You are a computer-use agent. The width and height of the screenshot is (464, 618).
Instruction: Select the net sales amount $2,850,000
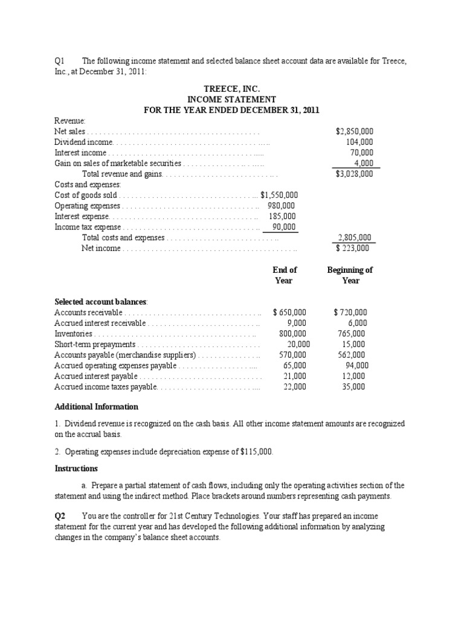tap(354, 131)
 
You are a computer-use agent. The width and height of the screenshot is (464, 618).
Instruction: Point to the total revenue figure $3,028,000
tap(354, 174)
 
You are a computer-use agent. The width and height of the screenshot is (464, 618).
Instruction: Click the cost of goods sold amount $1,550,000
tap(279, 196)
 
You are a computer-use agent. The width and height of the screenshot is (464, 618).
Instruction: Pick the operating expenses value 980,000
tap(282, 206)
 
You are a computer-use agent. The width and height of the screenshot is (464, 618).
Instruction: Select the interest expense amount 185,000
tap(282, 217)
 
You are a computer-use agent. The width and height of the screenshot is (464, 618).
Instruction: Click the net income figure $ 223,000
tap(353, 248)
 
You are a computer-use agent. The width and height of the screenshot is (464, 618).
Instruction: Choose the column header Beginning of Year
tap(350, 275)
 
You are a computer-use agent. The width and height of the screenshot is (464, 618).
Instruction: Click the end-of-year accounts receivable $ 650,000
tap(289, 313)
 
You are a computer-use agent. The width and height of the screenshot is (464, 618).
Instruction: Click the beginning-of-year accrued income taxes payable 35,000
tap(354, 387)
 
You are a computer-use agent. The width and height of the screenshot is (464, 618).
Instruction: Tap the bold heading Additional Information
tap(96, 407)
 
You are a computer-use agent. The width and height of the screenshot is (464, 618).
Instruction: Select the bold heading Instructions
tap(76, 469)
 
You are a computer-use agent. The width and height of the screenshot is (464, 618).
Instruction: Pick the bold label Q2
tap(59, 517)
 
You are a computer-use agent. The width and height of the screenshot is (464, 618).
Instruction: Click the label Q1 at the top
tap(59, 60)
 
